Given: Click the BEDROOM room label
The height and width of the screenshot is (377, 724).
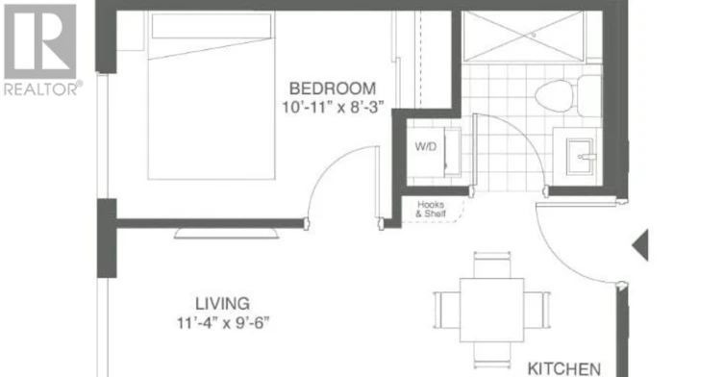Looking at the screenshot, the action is point(333,88).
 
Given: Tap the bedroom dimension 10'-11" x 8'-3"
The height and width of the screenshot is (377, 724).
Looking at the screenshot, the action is point(333,107).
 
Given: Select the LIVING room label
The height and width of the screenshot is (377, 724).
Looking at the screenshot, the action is point(222,304).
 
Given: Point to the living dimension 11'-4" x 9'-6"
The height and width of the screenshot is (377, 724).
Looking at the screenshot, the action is point(223,322).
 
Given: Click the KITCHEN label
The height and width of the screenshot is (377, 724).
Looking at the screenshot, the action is point(564,368).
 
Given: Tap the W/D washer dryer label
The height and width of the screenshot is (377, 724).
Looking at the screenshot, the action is point(426,147).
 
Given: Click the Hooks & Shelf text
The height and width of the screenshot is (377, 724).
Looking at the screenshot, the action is point(431,209).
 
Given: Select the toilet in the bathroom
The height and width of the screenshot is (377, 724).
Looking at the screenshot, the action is point(568,95).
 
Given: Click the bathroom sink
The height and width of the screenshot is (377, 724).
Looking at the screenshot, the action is point(580,157).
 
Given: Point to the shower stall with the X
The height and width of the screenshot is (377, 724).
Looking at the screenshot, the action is point(523,36).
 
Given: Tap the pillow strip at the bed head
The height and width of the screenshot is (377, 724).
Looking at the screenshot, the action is point(212,26).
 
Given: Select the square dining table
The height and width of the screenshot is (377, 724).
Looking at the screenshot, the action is point(491,310).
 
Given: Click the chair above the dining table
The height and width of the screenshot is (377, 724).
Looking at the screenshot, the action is point(492,265).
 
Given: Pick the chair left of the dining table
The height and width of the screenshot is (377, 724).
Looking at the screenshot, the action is point(447,310).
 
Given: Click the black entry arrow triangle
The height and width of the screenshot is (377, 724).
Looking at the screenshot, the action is point(640,245).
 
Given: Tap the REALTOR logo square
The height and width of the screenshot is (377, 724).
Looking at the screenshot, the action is point(40,41).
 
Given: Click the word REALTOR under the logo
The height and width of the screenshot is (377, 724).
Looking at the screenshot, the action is point(40,88).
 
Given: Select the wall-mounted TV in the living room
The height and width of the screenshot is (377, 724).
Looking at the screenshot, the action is point(226,234).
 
